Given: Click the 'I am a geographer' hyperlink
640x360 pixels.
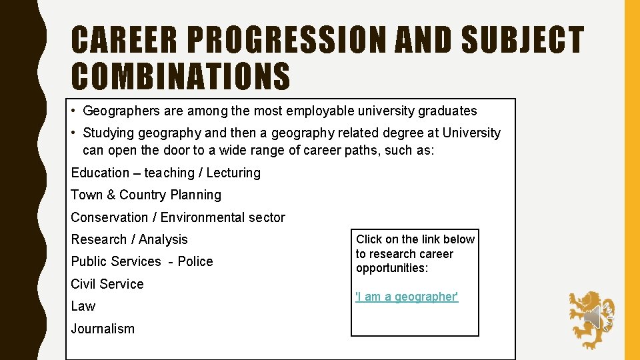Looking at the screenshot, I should pyautogui.click(x=407, y=297).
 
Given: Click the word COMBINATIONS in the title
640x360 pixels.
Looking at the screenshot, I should pyautogui.click(x=181, y=76).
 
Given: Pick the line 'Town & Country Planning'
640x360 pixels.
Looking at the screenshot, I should pyautogui.click(x=146, y=195).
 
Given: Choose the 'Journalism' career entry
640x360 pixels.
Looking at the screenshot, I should pyautogui.click(x=103, y=329).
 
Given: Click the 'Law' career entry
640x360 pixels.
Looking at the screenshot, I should pyautogui.click(x=83, y=307).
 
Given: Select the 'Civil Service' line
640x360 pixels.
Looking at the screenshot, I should pyautogui.click(x=107, y=284).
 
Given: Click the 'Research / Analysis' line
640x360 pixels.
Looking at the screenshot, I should pyautogui.click(x=129, y=239).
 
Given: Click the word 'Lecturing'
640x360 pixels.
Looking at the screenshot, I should pyautogui.click(x=233, y=173).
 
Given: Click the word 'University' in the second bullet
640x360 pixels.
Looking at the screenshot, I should pyautogui.click(x=466, y=133).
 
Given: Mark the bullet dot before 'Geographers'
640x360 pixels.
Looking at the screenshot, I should pyautogui.click(x=77, y=111).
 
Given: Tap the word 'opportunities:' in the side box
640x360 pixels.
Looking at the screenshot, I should pyautogui.click(x=391, y=269).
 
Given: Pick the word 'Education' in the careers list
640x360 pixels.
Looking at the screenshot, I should pyautogui.click(x=100, y=173).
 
